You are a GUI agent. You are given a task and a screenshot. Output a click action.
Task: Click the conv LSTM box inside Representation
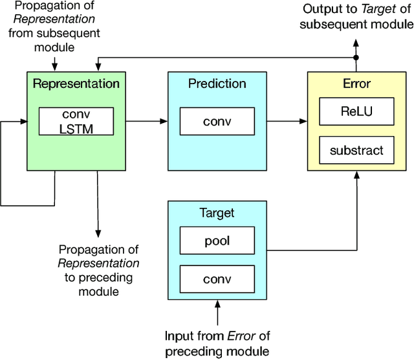pyautogui.click(x=76, y=120)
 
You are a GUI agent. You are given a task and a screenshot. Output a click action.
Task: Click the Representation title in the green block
pyautogui.click(x=76, y=84)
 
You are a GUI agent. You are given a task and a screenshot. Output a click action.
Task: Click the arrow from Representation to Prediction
pyautogui.click(x=146, y=120)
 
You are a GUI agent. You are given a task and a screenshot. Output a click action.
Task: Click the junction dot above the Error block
pyautogui.click(x=355, y=58)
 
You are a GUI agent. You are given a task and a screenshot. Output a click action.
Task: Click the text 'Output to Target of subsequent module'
pyautogui.click(x=356, y=17)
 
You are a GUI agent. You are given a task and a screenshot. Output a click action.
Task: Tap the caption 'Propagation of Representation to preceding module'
pyautogui.click(x=98, y=270)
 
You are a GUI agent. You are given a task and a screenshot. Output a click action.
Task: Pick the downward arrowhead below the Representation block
pyautogui.click(x=98, y=232)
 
